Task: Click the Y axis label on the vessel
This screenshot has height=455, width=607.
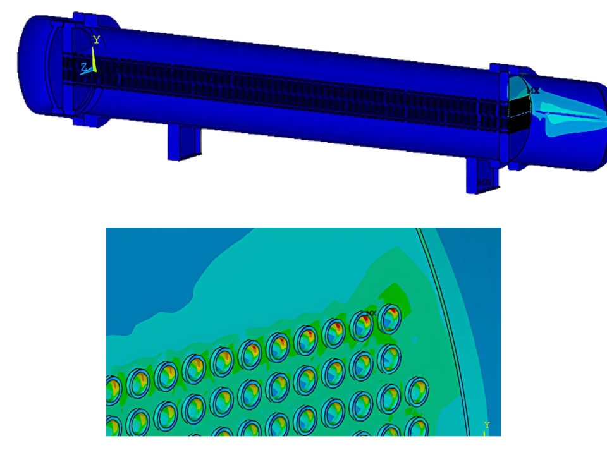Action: pyautogui.click(x=97, y=40)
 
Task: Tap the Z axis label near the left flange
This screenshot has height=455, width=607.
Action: pyautogui.click(x=83, y=66)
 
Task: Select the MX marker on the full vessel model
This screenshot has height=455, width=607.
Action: pyautogui.click(x=534, y=91)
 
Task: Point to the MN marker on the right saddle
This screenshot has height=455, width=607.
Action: pyautogui.click(x=484, y=183)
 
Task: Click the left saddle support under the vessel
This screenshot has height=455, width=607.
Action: pyautogui.click(x=184, y=142)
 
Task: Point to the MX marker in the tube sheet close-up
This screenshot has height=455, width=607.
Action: pyautogui.click(x=371, y=313)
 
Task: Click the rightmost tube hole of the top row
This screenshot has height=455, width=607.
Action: pyautogui.click(x=390, y=319)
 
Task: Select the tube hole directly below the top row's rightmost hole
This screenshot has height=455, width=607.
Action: pyautogui.click(x=390, y=358)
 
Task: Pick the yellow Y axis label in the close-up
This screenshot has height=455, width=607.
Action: pyautogui.click(x=486, y=425)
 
